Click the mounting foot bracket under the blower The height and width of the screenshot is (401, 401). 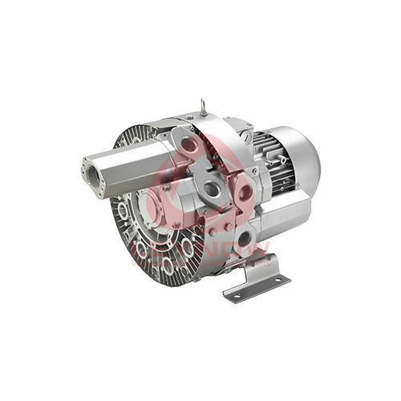tap(255, 277)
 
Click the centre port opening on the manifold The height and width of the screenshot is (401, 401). tap(213, 189)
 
